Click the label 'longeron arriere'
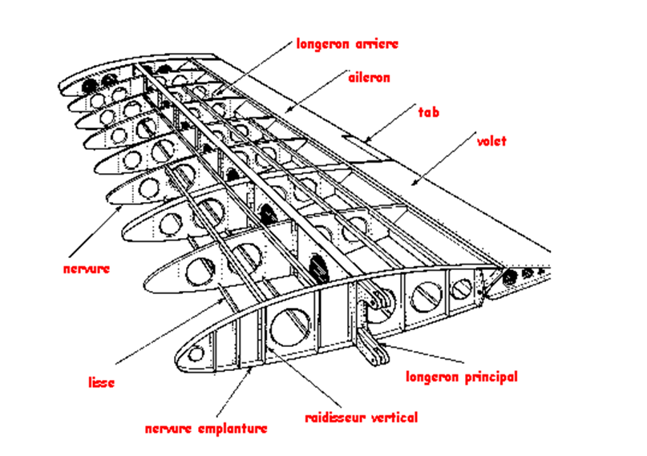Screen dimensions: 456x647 pos(346,43)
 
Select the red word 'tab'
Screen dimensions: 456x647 pos(429,111)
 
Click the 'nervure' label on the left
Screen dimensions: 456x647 pos(86,268)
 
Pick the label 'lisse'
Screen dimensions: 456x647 pos(101,382)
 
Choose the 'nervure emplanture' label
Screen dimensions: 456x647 pos(206,428)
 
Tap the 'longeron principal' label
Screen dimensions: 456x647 pos(461,376)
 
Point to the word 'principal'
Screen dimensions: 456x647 pos(490,376)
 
